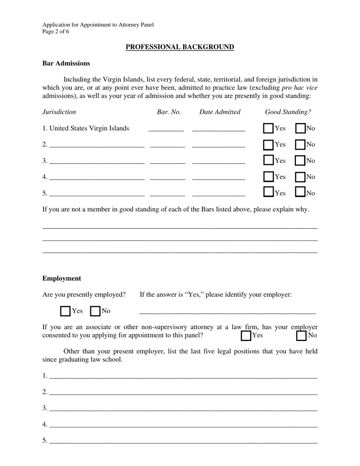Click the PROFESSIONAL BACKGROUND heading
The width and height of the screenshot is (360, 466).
point(180,47)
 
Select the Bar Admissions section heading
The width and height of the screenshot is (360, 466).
point(66,63)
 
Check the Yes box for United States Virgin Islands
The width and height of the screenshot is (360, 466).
point(268,128)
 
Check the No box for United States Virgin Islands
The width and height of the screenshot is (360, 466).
point(301,128)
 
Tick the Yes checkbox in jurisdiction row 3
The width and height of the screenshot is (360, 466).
point(268,161)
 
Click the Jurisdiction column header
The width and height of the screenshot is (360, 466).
point(59,112)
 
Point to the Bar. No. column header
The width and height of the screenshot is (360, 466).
point(169,112)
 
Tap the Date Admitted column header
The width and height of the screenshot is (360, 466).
point(220,112)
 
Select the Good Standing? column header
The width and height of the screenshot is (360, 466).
point(288,112)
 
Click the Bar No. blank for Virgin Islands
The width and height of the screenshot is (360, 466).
point(166,129)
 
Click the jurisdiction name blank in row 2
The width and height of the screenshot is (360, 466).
point(97,145)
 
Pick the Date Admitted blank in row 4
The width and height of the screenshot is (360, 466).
point(219,177)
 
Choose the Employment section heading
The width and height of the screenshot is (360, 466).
point(61,278)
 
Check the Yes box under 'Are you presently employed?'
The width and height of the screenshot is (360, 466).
point(65,311)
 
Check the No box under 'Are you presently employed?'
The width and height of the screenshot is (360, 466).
point(95,311)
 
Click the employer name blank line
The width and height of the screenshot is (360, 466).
point(227,311)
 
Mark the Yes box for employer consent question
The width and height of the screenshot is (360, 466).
point(246,336)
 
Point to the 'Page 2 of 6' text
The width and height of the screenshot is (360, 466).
point(56,31)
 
